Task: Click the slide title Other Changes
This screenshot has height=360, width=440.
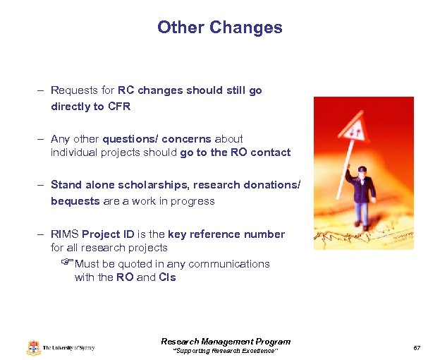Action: pos(219,28)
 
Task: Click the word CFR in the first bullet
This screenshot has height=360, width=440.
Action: pos(119,107)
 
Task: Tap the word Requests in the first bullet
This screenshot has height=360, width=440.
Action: pos(75,91)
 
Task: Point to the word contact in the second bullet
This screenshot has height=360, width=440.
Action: pos(271,152)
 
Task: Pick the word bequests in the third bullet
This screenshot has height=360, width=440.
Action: pos(75,201)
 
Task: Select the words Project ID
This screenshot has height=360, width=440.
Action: pos(107,234)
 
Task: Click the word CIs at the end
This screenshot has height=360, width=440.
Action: pos(167,277)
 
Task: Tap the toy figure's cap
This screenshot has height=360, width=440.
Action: pos(362,169)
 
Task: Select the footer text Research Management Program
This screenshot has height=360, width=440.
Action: pos(226,342)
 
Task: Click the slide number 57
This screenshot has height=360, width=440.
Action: pos(417,349)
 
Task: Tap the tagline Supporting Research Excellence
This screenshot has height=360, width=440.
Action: pos(226,351)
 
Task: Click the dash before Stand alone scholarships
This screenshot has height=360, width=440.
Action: pos(43,185)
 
